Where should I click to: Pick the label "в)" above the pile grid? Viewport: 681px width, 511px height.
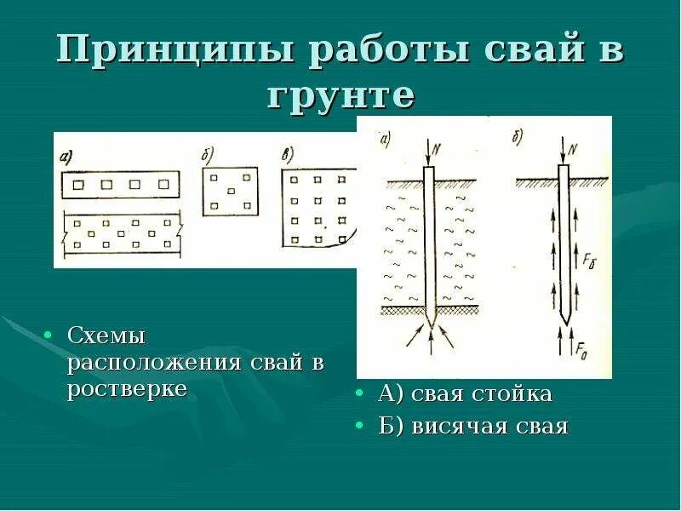289,153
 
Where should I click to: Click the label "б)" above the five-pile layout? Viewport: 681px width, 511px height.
208,153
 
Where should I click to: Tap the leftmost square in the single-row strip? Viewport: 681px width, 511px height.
82,184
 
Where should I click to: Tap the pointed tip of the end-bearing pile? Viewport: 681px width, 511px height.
430,324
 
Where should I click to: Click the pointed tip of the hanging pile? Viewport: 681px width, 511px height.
563,322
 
